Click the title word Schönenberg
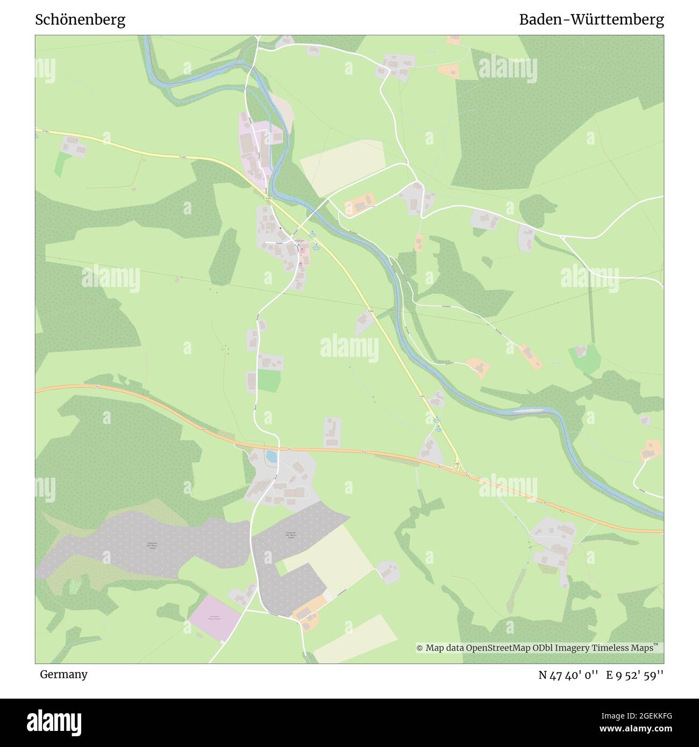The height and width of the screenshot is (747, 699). (80, 20)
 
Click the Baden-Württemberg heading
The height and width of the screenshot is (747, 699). (591, 20)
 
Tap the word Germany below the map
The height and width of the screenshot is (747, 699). (63, 674)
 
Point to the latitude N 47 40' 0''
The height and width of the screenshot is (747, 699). (568, 675)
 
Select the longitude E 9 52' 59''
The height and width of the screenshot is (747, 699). (634, 675)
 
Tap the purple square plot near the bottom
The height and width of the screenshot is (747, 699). (215, 618)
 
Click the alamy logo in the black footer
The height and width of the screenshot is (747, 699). (54, 721)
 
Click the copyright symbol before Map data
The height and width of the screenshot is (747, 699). (420, 648)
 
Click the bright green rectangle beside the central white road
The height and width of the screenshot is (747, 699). (269, 381)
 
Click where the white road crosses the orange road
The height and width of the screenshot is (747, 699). (279, 448)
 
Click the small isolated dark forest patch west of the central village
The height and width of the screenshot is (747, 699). (224, 256)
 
